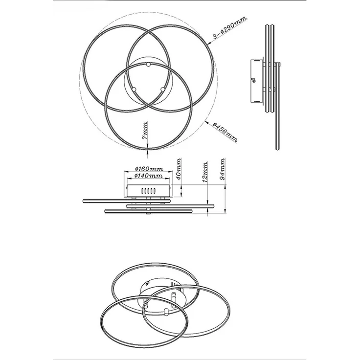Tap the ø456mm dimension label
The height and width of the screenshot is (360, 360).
[x=225, y=132]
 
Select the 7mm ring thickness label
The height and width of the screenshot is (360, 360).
[x=145, y=131]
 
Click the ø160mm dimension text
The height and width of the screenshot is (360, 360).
[x=149, y=169]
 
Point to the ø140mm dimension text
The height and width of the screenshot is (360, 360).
[x=149, y=176]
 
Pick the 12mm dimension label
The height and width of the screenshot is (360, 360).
[x=205, y=172]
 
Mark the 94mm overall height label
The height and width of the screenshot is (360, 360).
[x=222, y=169]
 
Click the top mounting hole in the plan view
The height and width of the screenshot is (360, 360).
[x=148, y=65]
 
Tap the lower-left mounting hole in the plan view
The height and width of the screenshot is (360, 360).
[x=134, y=89]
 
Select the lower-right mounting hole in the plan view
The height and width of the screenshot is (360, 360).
[x=162, y=89]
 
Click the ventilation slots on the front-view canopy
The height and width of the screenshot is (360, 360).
[x=149, y=191]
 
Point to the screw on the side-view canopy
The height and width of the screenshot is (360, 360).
[x=254, y=80]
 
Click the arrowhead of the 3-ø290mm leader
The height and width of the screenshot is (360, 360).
[x=208, y=43]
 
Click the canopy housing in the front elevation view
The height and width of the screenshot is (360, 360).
[x=149, y=191]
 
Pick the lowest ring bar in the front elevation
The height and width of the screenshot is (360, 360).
[x=148, y=211]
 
